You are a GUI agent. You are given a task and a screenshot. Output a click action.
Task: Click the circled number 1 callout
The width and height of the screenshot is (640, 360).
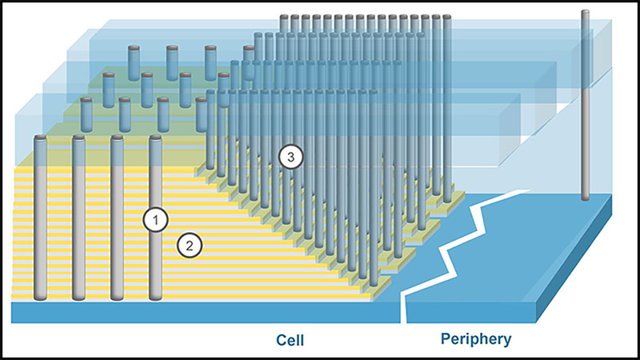(x=155, y=219)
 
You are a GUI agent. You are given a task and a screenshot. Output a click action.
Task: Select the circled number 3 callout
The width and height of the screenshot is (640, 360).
(x=292, y=158)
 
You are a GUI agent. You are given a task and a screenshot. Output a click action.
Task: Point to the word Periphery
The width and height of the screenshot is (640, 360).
(x=476, y=339)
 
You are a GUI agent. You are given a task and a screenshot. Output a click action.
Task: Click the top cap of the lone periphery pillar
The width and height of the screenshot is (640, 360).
(x=585, y=13)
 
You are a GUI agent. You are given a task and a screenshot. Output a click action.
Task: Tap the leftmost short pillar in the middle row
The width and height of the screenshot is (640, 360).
(x=108, y=88)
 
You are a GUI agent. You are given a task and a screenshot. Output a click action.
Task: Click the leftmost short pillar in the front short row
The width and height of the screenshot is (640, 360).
(x=86, y=114)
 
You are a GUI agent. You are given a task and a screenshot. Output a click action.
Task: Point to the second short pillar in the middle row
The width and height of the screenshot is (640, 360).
(x=147, y=88)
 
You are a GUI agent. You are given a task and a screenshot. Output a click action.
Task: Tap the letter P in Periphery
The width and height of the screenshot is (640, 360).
(x=446, y=339)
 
